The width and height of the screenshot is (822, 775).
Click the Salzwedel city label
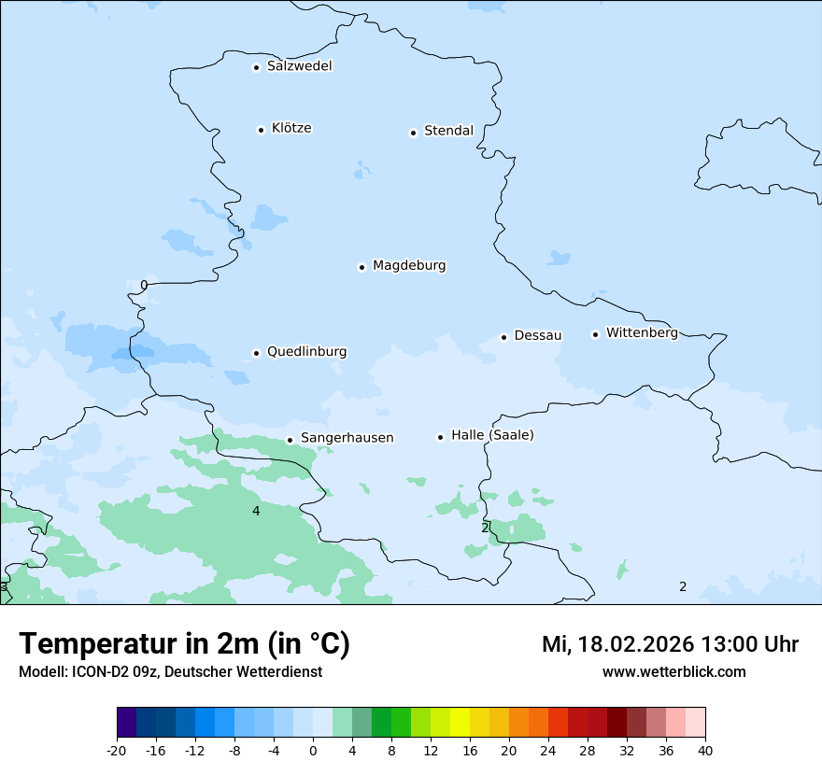click(299, 66)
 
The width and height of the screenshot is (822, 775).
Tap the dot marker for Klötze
click(261, 130)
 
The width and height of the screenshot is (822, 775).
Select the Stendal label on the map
click(448, 131)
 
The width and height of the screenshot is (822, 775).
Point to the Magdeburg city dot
click(361, 267)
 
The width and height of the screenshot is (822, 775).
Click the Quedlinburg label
click(306, 352)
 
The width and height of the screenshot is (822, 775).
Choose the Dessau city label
click(537, 335)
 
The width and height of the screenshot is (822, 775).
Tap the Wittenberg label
click(642, 333)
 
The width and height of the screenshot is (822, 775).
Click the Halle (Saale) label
click(492, 435)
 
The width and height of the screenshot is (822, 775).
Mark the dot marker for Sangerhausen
click(290, 440)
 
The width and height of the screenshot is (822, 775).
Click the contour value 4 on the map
click(256, 511)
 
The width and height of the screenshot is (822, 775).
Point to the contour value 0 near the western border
click(144, 285)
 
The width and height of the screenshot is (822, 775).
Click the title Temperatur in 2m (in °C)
click(184, 644)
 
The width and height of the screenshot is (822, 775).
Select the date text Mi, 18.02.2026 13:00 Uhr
click(670, 644)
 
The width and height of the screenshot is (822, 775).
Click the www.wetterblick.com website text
click(673, 671)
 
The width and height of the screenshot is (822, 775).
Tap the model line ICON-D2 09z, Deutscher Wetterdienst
click(170, 671)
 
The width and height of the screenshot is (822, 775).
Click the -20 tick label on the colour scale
click(117, 750)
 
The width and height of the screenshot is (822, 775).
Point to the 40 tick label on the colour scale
click(705, 750)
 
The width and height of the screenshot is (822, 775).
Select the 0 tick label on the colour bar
click(313, 750)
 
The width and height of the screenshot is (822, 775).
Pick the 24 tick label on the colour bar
click(548, 750)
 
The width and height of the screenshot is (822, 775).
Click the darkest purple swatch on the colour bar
click(127, 723)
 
